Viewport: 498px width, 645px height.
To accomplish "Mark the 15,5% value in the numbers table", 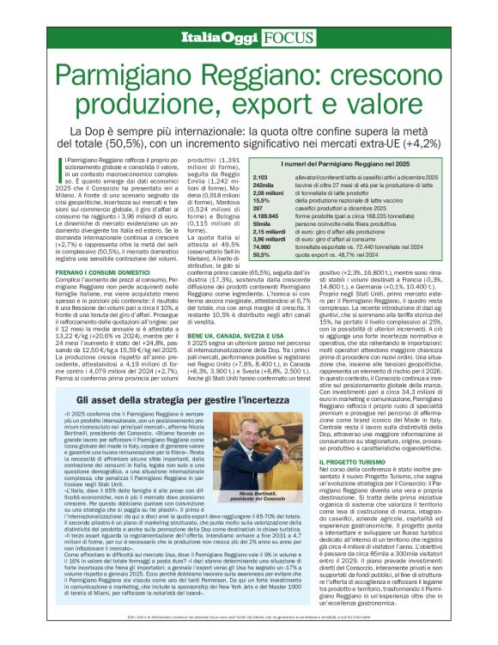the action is click(x=236, y=199).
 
